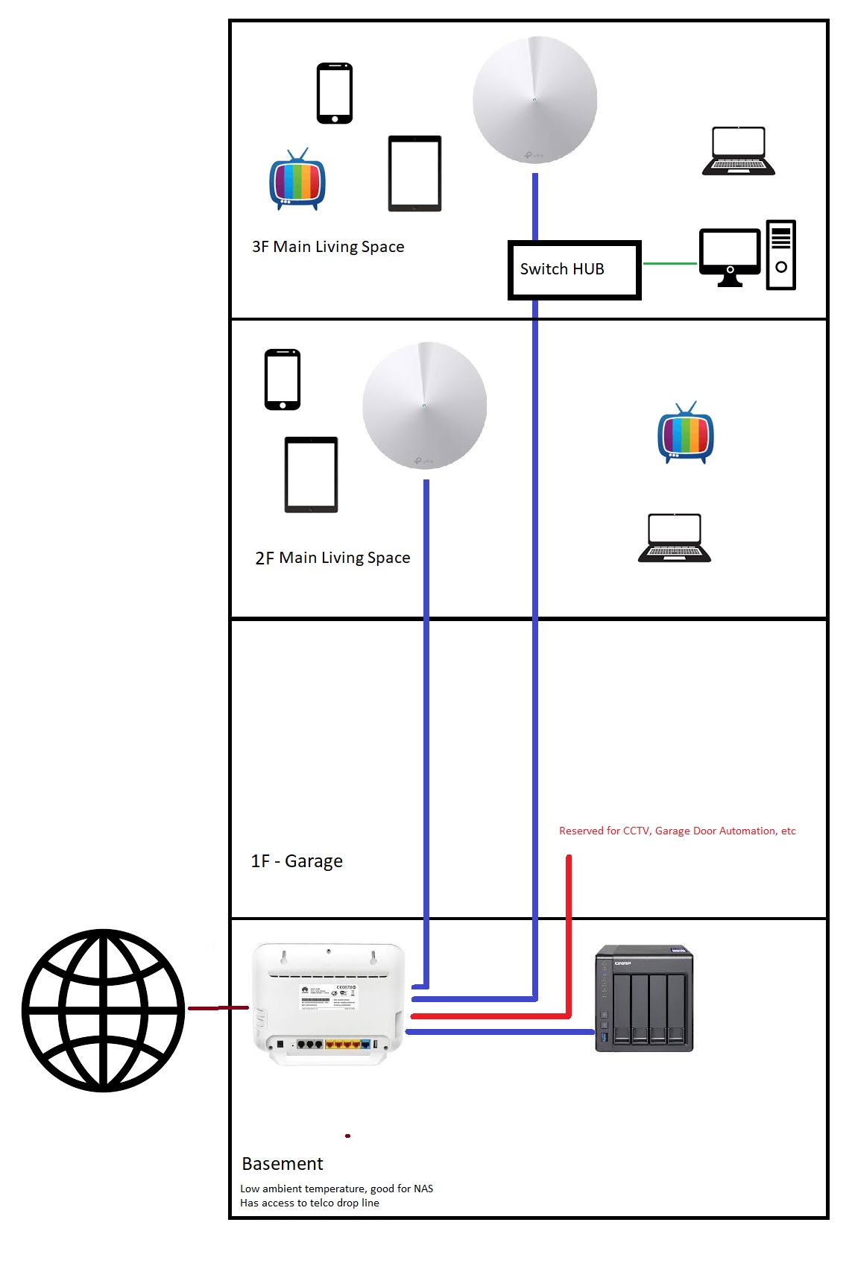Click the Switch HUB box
574,270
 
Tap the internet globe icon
103,1010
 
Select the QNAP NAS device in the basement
645,998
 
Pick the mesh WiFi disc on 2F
424,406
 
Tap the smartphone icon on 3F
335,93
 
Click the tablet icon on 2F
312,474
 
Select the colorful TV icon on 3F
297,180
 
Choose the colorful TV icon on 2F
686,434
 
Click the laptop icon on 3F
738,151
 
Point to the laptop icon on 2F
675,538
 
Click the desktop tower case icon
781,255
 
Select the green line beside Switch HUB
669,263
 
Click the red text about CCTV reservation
677,831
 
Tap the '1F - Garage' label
297,861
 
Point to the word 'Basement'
283,1164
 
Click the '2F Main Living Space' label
332,558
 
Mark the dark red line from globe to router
218,1008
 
